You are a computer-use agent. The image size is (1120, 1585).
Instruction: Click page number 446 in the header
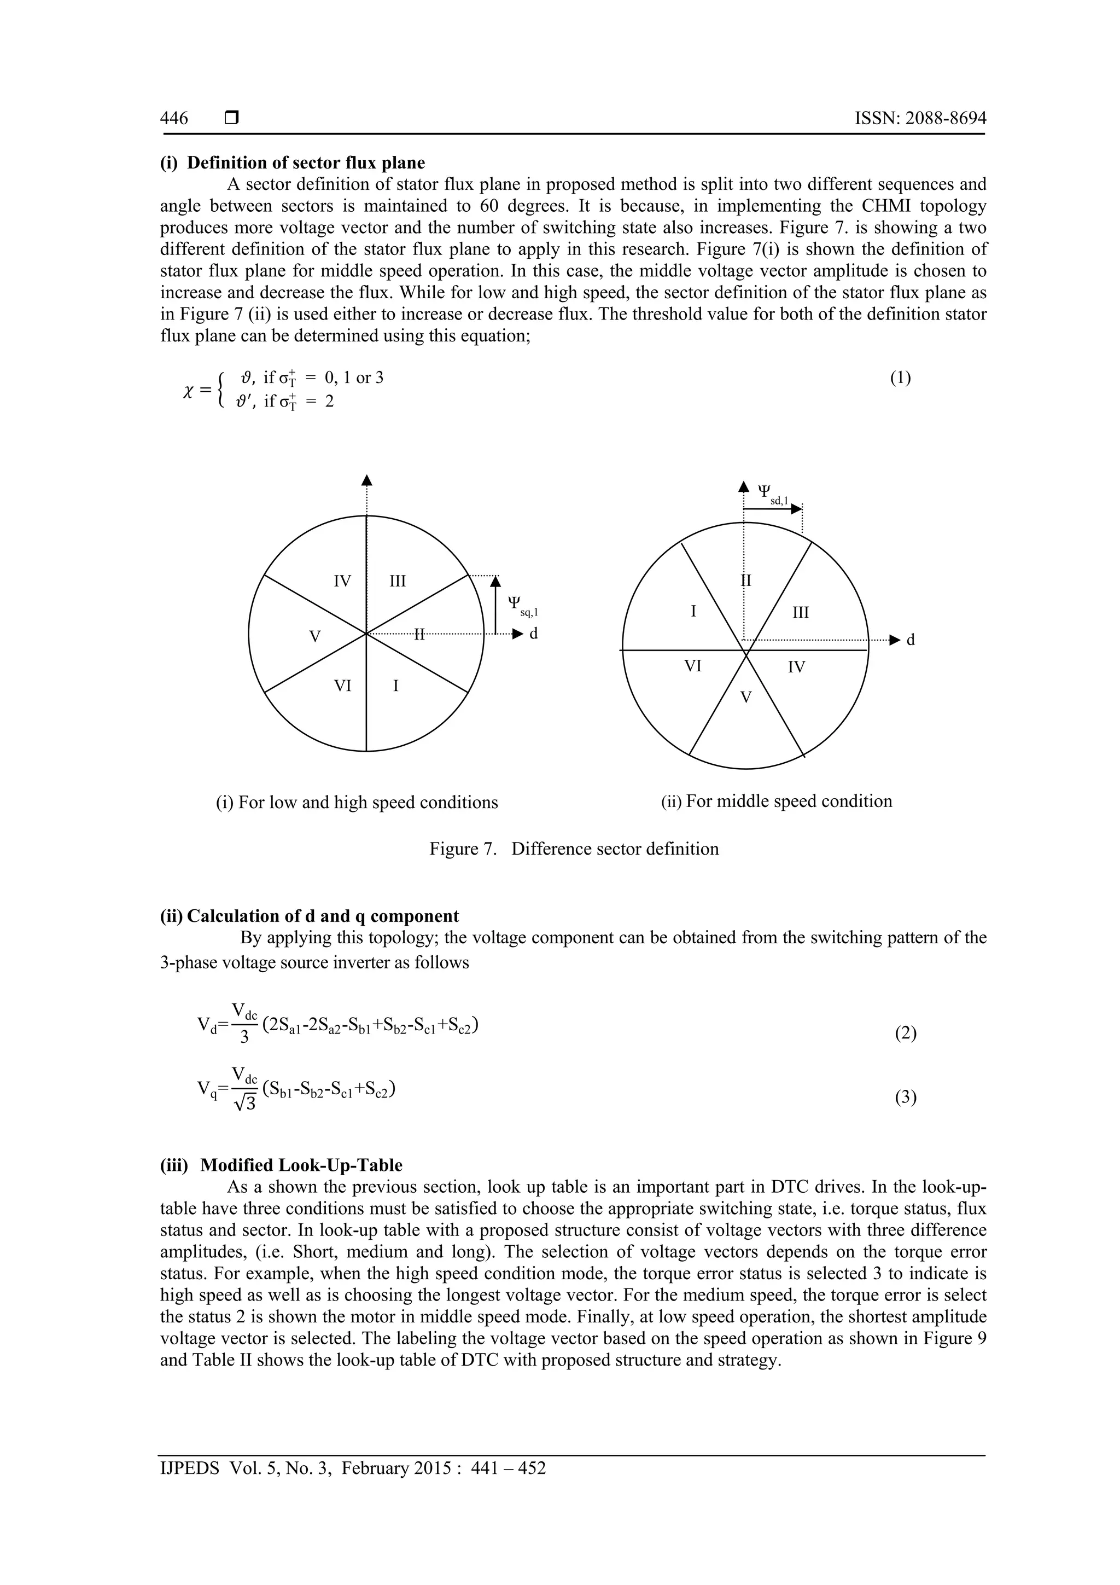[x=174, y=118]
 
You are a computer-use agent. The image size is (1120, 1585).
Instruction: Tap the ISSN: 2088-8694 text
[x=920, y=118]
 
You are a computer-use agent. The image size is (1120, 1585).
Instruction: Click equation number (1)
[x=899, y=378]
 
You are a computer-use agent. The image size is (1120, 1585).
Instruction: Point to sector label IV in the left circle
[x=342, y=581]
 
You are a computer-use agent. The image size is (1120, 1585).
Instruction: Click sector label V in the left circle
[x=314, y=636]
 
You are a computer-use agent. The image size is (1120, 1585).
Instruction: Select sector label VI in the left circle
[x=342, y=686]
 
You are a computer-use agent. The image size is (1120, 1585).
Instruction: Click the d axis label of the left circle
[x=533, y=633]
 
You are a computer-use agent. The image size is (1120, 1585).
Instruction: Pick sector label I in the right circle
[x=693, y=611]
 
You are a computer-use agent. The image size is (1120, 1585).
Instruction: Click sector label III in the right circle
[x=801, y=612]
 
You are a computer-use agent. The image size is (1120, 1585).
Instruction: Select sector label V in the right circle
[x=745, y=697]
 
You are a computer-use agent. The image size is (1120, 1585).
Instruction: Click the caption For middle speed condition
[x=777, y=801]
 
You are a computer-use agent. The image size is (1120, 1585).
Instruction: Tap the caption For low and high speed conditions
[x=357, y=802]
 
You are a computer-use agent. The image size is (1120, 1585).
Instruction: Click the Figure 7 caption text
[x=574, y=849]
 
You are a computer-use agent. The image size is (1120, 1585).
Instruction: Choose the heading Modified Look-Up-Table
[x=301, y=1165]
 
